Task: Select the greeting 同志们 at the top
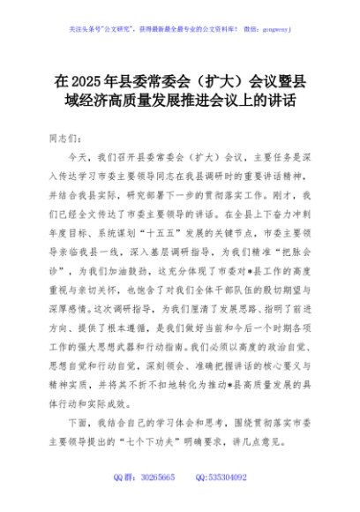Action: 67,139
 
